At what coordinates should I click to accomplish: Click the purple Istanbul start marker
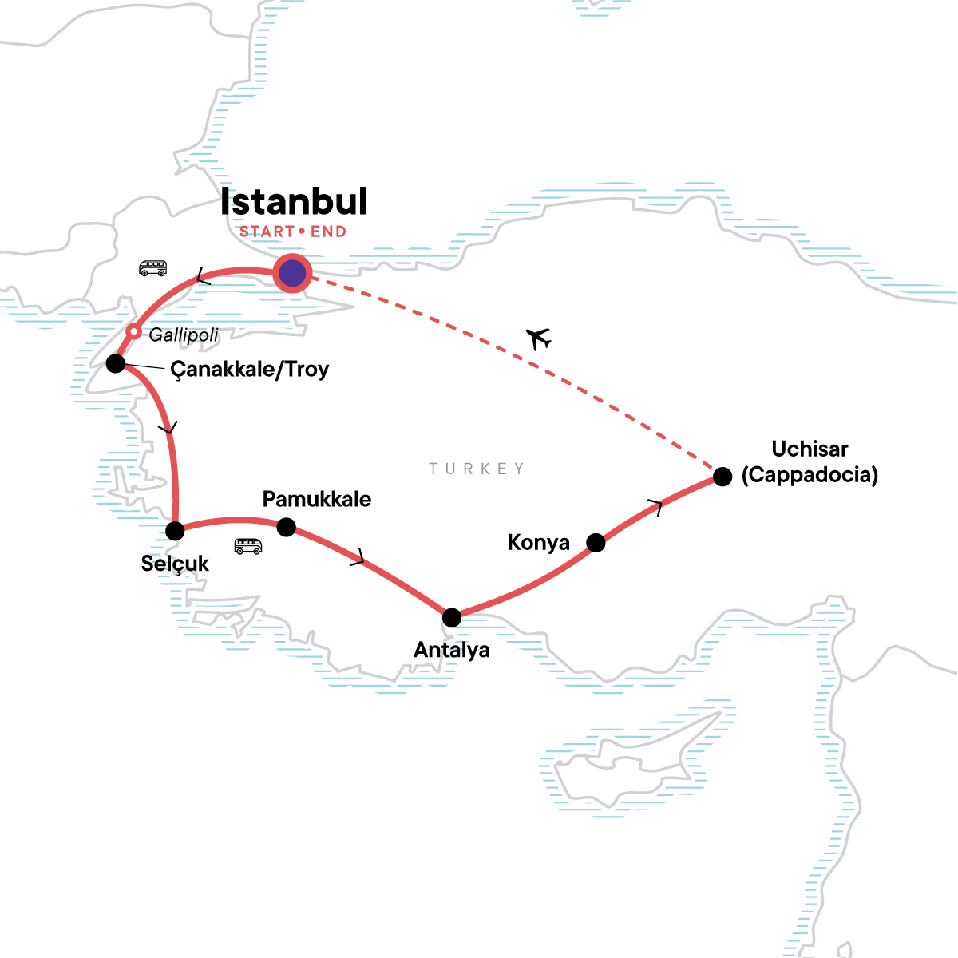(292, 274)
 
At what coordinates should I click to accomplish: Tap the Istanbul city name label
(294, 202)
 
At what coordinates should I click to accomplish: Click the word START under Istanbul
(267, 232)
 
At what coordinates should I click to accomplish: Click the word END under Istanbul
(328, 232)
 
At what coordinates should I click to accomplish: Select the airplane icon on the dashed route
(540, 338)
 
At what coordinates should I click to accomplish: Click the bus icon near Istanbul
(152, 268)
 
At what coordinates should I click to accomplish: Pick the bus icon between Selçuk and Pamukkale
(248, 546)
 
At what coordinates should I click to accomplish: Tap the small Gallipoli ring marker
(135, 331)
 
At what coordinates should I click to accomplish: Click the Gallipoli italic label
(184, 335)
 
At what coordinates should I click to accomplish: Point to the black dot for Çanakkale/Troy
(116, 364)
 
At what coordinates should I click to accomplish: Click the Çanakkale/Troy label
(249, 370)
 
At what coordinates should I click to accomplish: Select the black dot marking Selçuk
(175, 530)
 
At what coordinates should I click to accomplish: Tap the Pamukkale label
(316, 500)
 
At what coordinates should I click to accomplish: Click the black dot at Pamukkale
(286, 527)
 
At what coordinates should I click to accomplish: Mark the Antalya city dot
(452, 617)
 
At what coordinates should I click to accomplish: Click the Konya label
(538, 543)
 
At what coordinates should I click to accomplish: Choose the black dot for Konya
(596, 543)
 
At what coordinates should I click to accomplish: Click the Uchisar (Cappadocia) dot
(722, 477)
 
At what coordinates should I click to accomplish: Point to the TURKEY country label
(477, 469)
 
